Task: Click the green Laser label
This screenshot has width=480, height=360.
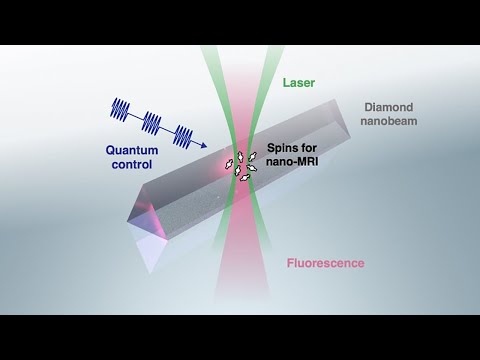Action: (301, 85)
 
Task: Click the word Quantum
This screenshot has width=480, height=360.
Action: (133, 151)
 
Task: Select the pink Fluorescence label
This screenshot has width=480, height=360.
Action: (322, 265)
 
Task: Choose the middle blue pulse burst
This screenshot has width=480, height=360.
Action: (152, 121)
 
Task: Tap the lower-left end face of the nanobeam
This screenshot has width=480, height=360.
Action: (150, 246)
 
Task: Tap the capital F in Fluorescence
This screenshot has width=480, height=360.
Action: (291, 265)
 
